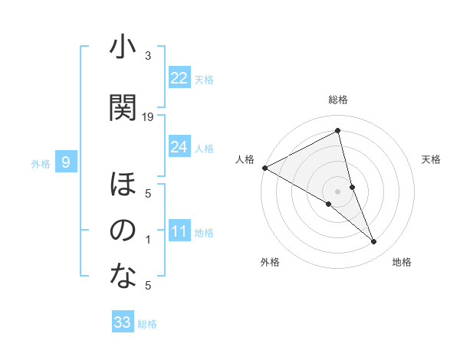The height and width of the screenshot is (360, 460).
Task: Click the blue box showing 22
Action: pyautogui.click(x=179, y=78)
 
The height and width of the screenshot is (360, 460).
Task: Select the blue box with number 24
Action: pyautogui.click(x=179, y=147)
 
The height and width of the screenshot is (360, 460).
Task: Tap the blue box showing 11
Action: pyautogui.click(x=179, y=231)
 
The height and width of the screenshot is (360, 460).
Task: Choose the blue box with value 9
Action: pyautogui.click(x=66, y=162)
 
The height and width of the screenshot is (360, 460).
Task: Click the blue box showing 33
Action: pyautogui.click(x=123, y=322)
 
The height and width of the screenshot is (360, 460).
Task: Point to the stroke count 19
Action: pyautogui.click(x=148, y=116)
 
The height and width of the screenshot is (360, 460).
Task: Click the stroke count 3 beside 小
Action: pyautogui.click(x=148, y=56)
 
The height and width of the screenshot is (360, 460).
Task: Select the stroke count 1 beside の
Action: pyautogui.click(x=148, y=240)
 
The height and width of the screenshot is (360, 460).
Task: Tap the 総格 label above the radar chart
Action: pyautogui.click(x=338, y=100)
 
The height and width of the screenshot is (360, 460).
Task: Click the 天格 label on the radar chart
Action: pyautogui.click(x=431, y=159)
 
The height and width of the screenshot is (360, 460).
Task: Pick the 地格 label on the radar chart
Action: pyautogui.click(x=402, y=263)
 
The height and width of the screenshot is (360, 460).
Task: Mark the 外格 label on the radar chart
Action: pyautogui.click(x=270, y=263)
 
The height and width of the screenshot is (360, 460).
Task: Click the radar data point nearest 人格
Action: pyautogui.click(x=264, y=167)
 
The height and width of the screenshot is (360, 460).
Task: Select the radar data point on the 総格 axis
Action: pyautogui.click(x=338, y=131)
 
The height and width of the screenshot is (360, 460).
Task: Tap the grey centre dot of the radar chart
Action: pyautogui.click(x=337, y=190)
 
